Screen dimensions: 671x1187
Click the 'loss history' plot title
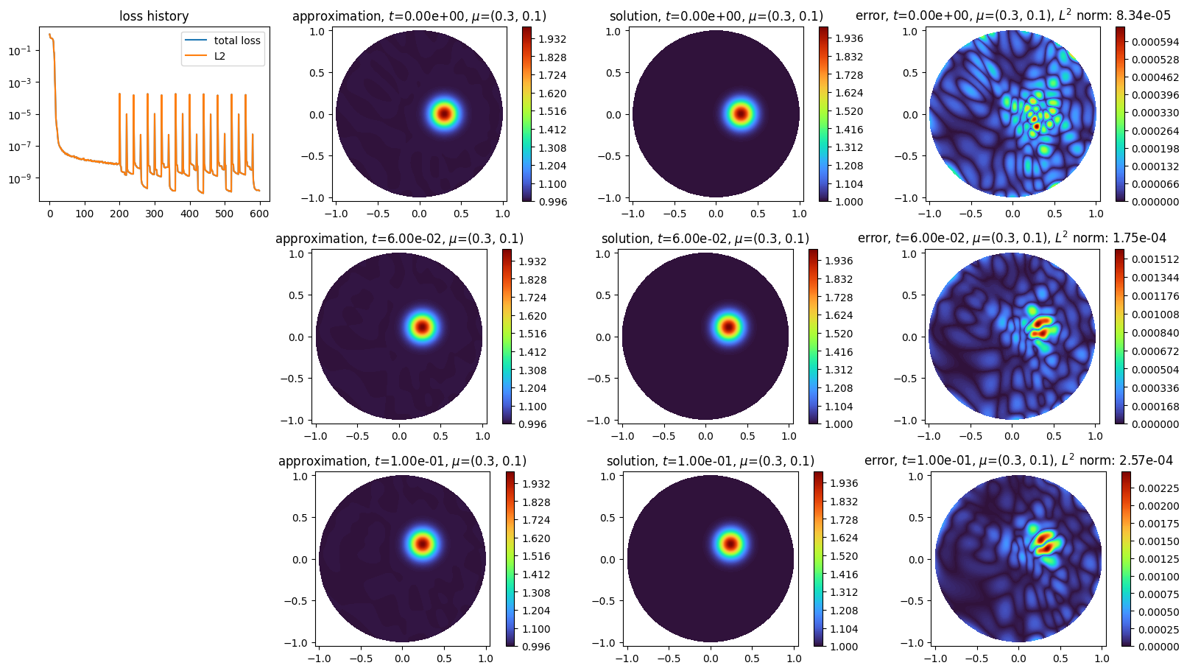[x=154, y=16]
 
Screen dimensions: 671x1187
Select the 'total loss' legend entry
[x=237, y=41]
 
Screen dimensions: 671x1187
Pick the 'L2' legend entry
[x=219, y=56]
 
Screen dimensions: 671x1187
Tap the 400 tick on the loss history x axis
[x=189, y=214]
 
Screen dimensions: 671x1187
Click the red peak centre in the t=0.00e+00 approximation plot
[x=444, y=113]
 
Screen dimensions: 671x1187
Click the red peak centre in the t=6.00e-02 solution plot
[x=728, y=326]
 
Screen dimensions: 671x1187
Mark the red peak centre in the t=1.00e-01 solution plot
[x=730, y=544]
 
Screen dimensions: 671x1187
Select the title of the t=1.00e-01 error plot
[x=1018, y=460]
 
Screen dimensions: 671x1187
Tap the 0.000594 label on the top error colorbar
[x=1155, y=42]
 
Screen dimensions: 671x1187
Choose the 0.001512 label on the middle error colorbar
[x=1155, y=259]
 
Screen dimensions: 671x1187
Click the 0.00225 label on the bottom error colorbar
[x=1159, y=488]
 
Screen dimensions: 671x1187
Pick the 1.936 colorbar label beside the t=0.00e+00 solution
[x=849, y=38]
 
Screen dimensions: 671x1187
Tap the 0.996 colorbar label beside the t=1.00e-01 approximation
[x=536, y=647]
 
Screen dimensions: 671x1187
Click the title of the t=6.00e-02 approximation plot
[x=399, y=239]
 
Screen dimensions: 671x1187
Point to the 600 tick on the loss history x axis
[x=259, y=214]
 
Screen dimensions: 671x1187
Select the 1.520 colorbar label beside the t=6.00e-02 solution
[x=839, y=334]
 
